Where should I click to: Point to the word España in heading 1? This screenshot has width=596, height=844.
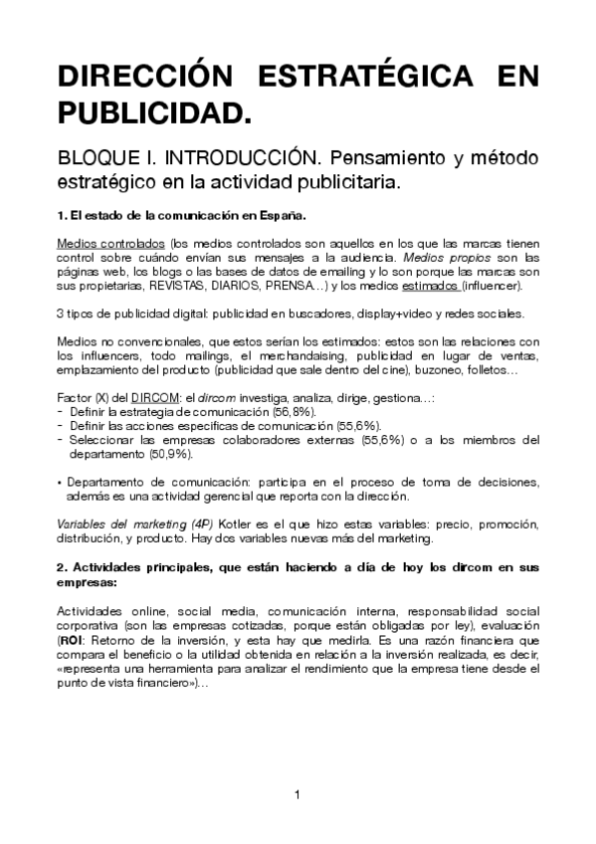283,215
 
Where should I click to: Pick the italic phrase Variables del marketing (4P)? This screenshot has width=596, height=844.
115,525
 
